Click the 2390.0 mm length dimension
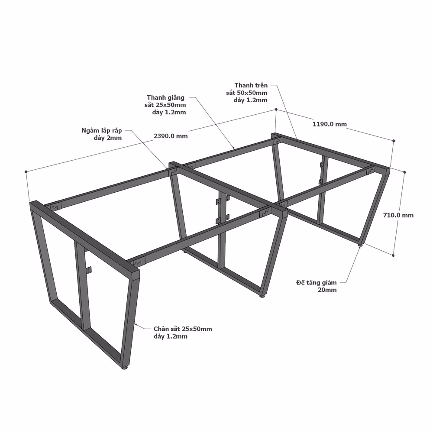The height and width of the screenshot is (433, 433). coord(170,136)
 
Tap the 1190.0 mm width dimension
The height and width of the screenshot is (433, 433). coord(330,124)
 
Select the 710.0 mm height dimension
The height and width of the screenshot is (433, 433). coord(398,215)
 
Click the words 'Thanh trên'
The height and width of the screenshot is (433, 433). coord(251,85)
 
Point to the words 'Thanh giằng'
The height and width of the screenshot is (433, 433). coord(166,97)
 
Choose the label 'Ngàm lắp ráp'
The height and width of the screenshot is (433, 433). coord(102,131)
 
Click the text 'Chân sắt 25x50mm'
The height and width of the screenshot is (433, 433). coord(183,329)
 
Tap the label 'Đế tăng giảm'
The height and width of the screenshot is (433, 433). coord(317,282)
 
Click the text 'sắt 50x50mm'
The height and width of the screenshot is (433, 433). coord(247,93)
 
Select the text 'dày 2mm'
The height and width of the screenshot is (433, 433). coord(108,138)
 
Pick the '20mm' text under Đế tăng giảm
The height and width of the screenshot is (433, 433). coord(327,290)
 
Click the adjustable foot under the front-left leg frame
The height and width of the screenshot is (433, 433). coord(125,368)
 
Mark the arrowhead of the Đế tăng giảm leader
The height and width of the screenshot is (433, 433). coord(360,247)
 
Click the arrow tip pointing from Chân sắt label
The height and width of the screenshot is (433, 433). coord(135,324)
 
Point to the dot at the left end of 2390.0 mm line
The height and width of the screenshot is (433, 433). coord(26,172)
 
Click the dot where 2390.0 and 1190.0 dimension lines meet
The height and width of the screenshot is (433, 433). coord(276,110)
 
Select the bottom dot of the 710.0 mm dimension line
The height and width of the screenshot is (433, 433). coord(393,255)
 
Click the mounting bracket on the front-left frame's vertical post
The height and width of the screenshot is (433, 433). coord(89,270)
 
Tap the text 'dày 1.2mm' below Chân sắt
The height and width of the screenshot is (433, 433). coord(171,336)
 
